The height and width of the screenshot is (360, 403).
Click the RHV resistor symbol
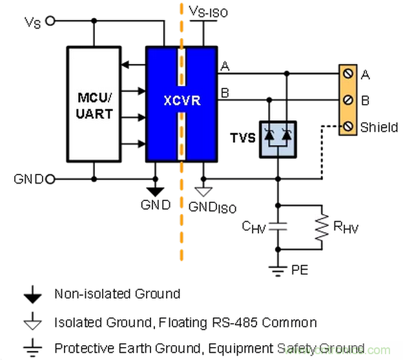(x=320, y=226)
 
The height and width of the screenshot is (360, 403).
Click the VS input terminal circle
(x=50, y=21)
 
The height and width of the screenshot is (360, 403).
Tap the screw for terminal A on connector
(x=348, y=75)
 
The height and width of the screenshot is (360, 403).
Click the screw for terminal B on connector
(x=348, y=100)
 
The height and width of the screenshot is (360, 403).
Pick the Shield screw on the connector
(x=348, y=126)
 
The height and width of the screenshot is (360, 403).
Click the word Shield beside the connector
(x=379, y=127)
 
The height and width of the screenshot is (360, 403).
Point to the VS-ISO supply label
(x=208, y=11)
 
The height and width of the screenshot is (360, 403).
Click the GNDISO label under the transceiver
(x=212, y=207)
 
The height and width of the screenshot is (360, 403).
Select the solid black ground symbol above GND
(x=155, y=191)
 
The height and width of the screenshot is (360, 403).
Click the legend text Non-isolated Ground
(x=117, y=293)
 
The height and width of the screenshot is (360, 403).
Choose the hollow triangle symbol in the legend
(x=31, y=322)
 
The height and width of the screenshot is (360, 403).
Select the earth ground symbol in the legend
(x=31, y=349)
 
